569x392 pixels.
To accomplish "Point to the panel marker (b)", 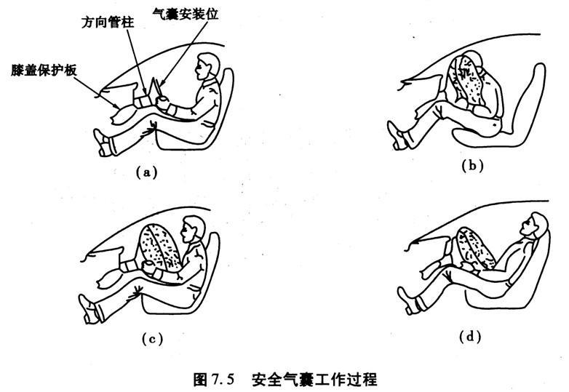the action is point(473,165).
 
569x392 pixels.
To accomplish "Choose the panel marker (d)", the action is point(471,336).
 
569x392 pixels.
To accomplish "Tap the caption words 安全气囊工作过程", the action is point(314,378).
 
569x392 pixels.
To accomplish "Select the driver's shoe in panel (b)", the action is point(397,135).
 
